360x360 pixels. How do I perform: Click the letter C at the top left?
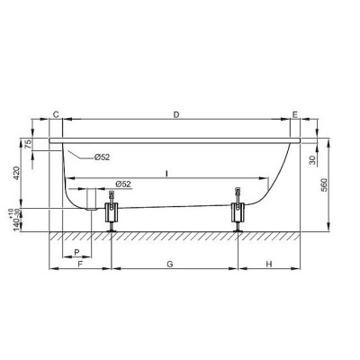[x=56, y=114]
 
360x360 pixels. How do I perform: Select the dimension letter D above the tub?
[x=176, y=114]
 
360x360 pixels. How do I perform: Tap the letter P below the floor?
[x=77, y=252]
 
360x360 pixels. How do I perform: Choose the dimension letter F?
[x=80, y=265]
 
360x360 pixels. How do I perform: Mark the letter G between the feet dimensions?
[x=171, y=265]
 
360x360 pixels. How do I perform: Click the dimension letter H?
[x=269, y=265]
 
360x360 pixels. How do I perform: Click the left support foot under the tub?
[x=112, y=215]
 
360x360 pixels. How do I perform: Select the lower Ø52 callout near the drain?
[x=123, y=184]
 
